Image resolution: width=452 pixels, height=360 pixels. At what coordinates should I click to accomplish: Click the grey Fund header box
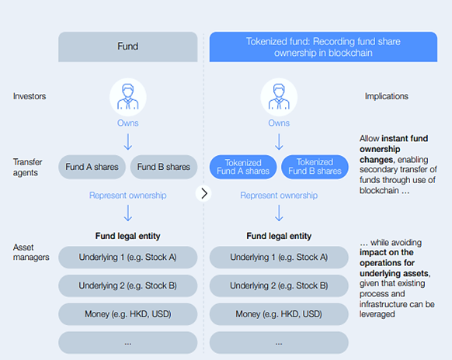coord(127,47)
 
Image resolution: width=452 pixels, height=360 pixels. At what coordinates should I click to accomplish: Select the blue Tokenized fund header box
coord(279,47)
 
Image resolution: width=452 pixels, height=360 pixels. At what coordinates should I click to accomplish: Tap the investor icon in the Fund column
coord(127,95)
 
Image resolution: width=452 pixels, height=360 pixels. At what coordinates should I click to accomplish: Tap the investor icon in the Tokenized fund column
coord(279,95)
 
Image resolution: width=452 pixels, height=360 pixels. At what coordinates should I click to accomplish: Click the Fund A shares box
coord(91,167)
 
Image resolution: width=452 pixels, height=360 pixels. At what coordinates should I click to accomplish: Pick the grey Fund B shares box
coord(162,167)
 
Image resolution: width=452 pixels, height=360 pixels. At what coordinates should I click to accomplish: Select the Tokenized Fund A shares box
coord(243,167)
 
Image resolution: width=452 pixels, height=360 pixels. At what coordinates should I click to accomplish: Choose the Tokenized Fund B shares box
coord(315,167)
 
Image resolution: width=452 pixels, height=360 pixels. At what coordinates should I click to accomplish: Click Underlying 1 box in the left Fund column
coord(127,258)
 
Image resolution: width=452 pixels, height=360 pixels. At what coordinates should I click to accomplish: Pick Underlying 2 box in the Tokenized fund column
coord(279,286)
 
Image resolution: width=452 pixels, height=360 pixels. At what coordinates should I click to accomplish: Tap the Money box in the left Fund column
coord(127,313)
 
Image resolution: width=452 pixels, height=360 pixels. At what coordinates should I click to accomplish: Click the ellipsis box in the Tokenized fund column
coord(279,341)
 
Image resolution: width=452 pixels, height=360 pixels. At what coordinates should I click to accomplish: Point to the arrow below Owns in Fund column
coord(127,142)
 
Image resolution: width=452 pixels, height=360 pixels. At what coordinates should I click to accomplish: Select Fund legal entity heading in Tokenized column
coord(279,236)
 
